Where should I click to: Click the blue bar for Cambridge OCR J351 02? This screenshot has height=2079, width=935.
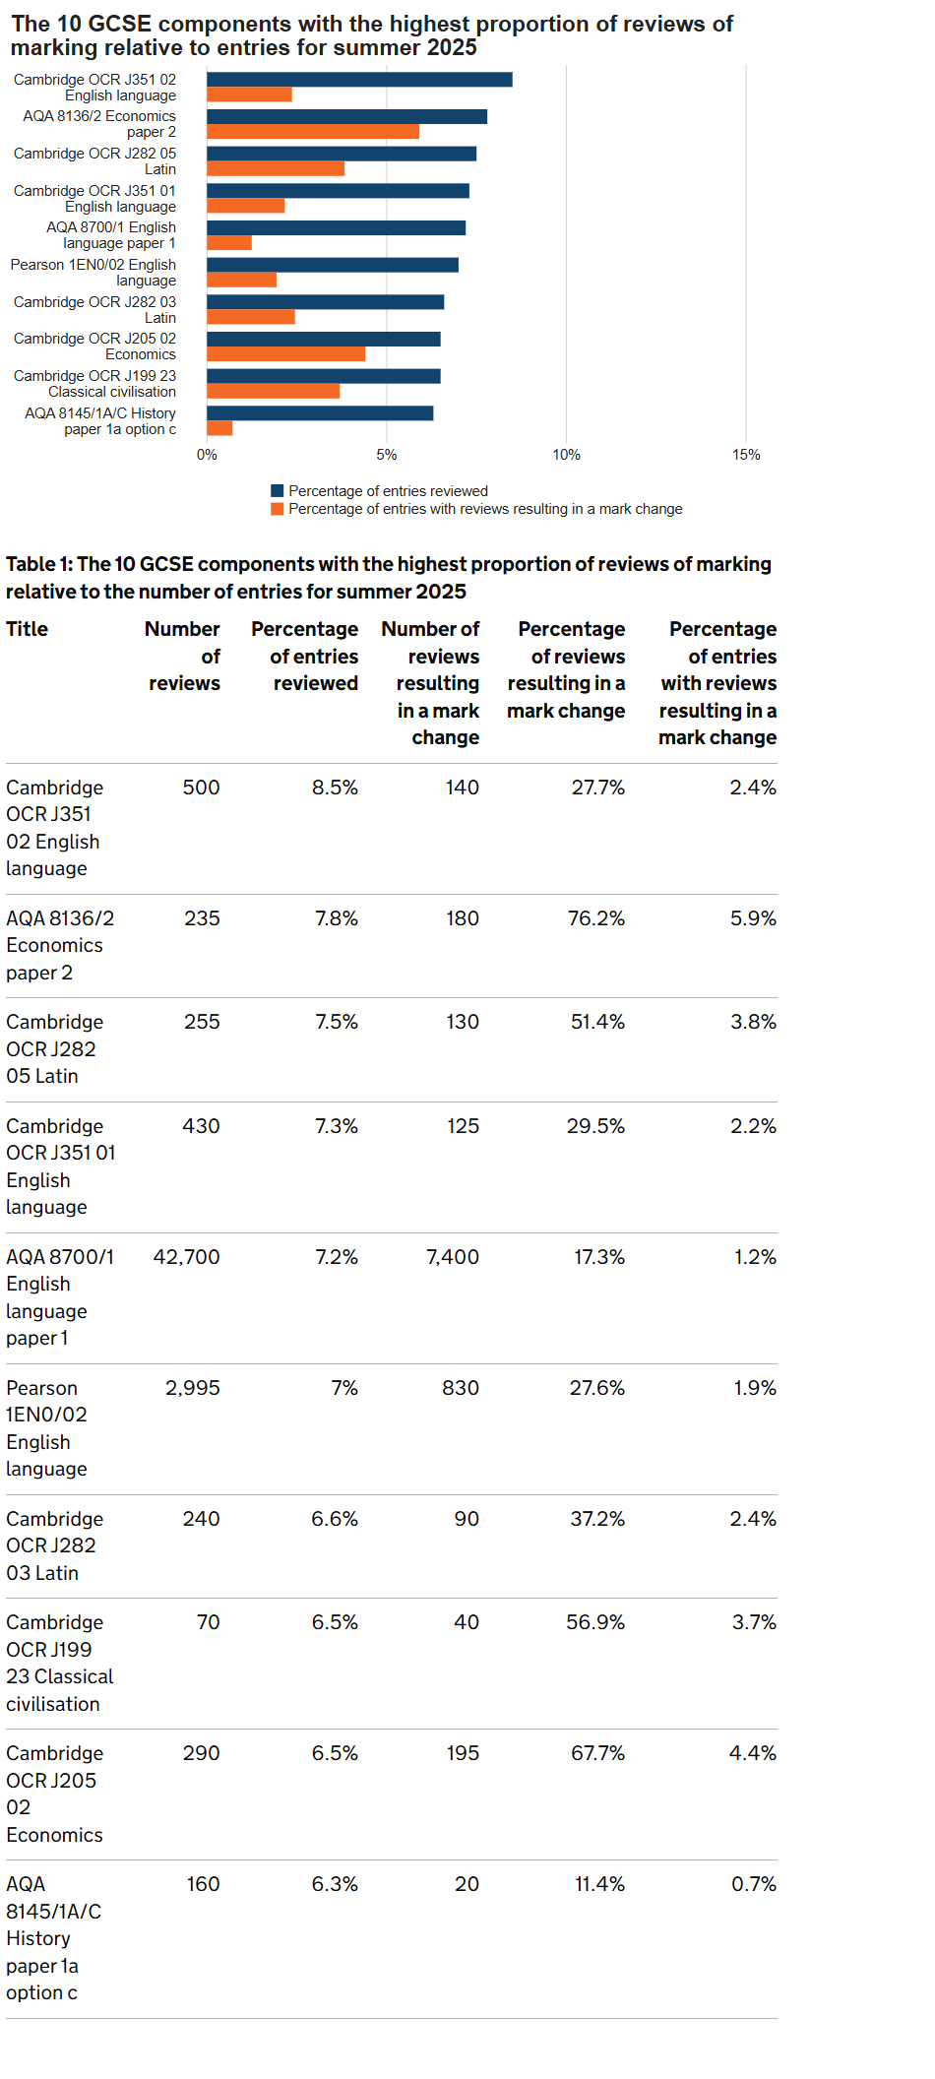click(359, 80)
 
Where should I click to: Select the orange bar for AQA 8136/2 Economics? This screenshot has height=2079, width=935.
click(313, 132)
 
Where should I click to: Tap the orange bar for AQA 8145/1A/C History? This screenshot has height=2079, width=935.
click(219, 428)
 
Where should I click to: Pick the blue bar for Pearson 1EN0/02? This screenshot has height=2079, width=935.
click(333, 265)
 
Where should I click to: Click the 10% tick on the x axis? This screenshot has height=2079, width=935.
click(566, 455)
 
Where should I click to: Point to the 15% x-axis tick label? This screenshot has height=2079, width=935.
click(746, 455)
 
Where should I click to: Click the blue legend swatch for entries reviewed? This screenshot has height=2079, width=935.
click(278, 491)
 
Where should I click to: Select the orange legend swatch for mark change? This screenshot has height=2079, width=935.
click(278, 509)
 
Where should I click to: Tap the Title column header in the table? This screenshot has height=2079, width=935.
click(27, 629)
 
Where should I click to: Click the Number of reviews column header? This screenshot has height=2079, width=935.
click(183, 656)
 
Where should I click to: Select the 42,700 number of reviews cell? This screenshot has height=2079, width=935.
click(186, 1257)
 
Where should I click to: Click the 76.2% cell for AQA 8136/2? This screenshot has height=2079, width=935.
click(595, 918)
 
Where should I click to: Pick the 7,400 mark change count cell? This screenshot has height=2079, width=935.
click(452, 1257)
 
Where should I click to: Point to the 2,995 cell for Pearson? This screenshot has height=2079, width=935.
click(192, 1388)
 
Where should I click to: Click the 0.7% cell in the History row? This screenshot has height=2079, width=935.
click(753, 1884)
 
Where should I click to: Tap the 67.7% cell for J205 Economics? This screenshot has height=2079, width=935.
click(597, 1753)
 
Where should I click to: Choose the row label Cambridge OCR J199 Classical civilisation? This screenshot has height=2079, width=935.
click(59, 1663)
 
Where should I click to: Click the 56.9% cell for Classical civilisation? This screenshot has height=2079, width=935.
click(594, 1622)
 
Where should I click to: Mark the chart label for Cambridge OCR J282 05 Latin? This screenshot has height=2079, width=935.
click(95, 161)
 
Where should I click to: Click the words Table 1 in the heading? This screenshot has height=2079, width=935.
click(38, 564)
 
